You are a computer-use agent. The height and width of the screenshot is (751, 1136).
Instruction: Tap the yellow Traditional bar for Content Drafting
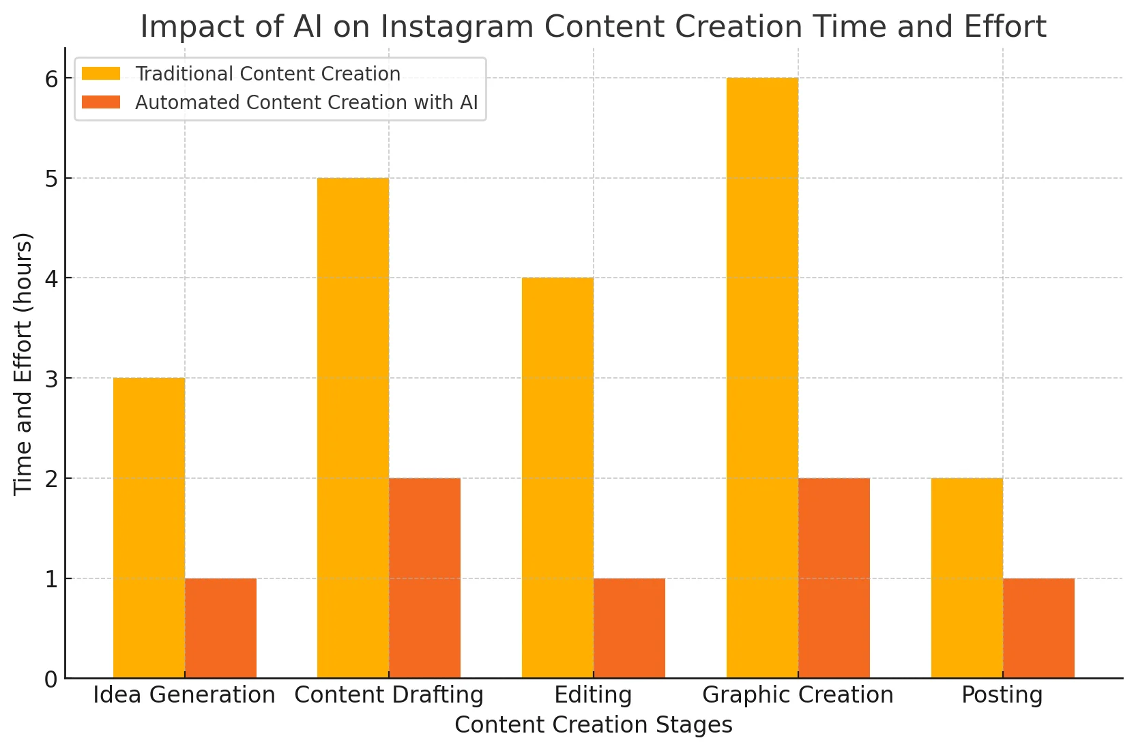(x=353, y=428)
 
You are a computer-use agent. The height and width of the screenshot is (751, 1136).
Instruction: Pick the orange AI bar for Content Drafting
(x=424, y=578)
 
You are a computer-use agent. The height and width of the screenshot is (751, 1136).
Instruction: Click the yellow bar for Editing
(x=557, y=477)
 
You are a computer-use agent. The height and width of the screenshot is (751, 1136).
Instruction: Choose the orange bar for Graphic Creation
(x=834, y=578)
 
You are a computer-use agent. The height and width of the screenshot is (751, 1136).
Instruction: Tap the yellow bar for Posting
(x=967, y=578)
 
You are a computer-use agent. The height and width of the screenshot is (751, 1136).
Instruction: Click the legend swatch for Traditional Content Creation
(x=101, y=74)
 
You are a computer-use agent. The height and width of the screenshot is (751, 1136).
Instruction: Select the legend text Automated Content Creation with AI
(x=306, y=102)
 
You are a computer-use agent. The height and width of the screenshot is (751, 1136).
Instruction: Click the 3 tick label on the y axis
(x=52, y=379)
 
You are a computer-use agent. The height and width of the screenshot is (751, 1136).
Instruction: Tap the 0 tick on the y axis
(x=52, y=679)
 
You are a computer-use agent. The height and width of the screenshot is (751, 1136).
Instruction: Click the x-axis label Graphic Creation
(x=798, y=695)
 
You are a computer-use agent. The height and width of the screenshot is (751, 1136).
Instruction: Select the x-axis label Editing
(x=593, y=695)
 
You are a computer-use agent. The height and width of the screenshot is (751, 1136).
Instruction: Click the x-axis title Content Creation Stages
(x=593, y=725)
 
